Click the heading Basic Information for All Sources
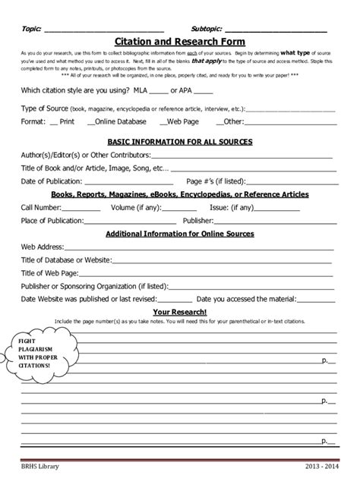coord(180,141)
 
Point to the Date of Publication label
coord(51,181)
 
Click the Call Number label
coord(42,206)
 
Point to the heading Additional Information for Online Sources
coord(179,233)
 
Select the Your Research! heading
coord(180,311)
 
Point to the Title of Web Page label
coord(49,272)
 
